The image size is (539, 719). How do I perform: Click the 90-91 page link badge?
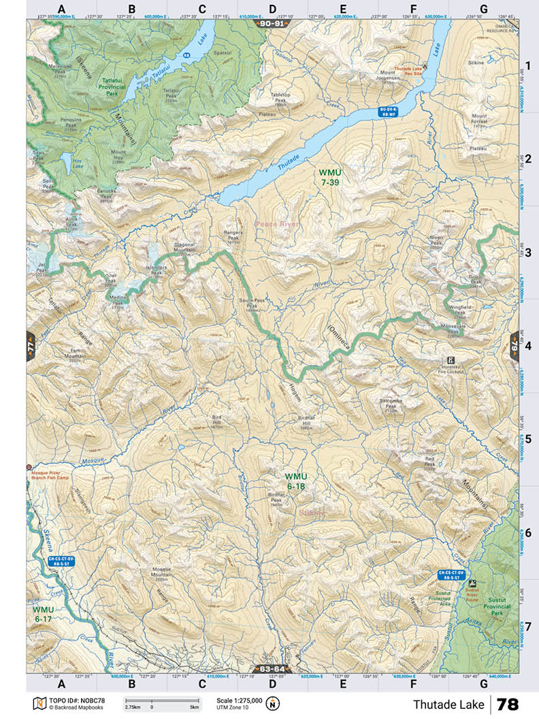(272, 23)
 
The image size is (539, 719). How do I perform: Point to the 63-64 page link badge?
(271, 669)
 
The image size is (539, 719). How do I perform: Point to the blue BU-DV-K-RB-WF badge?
(388, 111)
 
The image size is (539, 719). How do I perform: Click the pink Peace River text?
(278, 223)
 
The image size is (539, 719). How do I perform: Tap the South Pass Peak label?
(252, 304)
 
